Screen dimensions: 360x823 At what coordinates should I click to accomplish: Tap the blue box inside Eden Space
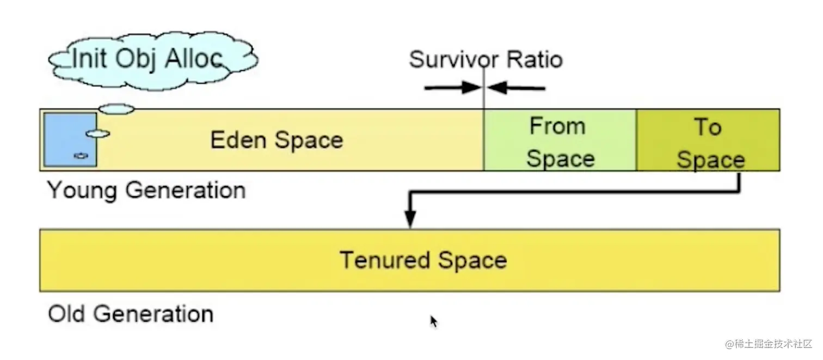click(x=70, y=139)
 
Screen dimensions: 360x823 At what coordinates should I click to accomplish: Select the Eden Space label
click(x=277, y=140)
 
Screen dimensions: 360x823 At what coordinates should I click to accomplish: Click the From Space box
click(x=560, y=141)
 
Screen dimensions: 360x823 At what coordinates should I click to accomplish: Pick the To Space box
click(x=708, y=141)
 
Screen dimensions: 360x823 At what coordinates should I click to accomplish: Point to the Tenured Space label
click(x=423, y=260)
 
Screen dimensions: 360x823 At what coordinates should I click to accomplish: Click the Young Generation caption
click(x=146, y=191)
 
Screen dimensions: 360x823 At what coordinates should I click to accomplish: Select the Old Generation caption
click(x=131, y=314)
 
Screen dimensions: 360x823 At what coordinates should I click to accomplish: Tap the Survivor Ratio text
click(x=486, y=59)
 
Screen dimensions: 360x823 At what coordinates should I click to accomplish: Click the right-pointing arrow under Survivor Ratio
click(x=452, y=87)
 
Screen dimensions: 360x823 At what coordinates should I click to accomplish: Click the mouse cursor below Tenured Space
click(x=434, y=322)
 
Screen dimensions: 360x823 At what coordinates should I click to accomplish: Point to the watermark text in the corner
click(x=768, y=344)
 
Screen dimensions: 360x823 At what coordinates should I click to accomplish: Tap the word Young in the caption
click(x=82, y=191)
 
